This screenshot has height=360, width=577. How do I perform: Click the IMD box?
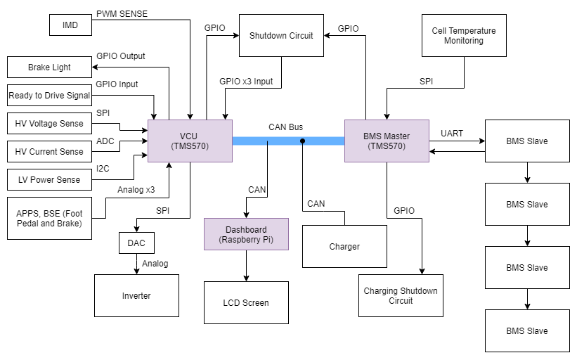coord(70,25)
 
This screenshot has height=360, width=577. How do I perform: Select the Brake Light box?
coord(49,67)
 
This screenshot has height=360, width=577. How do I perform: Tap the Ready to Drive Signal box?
coord(49,96)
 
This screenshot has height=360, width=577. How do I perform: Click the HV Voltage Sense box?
coord(49,124)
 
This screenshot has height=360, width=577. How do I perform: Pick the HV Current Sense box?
coord(49,151)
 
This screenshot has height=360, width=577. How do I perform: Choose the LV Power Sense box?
coord(49,179)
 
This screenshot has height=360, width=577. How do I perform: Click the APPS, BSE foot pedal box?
coord(49,218)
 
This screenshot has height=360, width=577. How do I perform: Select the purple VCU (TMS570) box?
coord(190,141)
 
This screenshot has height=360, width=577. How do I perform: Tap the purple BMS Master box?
coord(387,141)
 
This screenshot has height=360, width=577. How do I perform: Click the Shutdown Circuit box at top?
coord(281,35)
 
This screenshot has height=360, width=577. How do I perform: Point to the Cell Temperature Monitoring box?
coord(464,35)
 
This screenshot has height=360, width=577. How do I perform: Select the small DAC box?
coord(136,243)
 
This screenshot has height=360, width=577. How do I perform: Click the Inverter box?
coord(136,295)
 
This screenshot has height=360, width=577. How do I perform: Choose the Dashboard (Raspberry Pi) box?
coord(246,234)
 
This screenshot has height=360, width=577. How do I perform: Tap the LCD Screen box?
coord(246,302)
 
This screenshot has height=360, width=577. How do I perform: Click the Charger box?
coord(344,246)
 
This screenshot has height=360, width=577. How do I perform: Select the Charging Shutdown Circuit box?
coord(401,295)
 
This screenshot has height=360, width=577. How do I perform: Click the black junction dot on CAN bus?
coord(303,141)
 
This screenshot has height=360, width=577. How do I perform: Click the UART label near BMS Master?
coord(452,133)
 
